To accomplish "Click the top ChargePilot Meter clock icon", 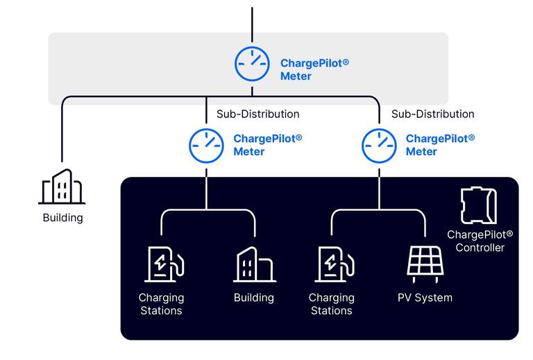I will (252, 64).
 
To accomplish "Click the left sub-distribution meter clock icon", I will (206, 145).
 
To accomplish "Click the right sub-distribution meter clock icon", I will (379, 145).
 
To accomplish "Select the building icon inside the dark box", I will (254, 264).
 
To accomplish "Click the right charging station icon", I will (336, 264).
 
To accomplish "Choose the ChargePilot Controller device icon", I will (479, 205).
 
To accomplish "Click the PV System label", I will (425, 298).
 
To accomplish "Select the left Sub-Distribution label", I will (257, 114).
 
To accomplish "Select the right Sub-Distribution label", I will (432, 114).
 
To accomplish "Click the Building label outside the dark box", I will (62, 218).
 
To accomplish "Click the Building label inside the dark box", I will (253, 298).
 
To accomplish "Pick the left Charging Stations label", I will (161, 304).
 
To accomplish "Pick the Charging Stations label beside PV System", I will (331, 304).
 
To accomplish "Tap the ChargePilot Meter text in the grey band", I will (314, 69).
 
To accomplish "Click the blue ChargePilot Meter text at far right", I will (440, 145).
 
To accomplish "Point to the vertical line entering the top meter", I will (252, 24).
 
